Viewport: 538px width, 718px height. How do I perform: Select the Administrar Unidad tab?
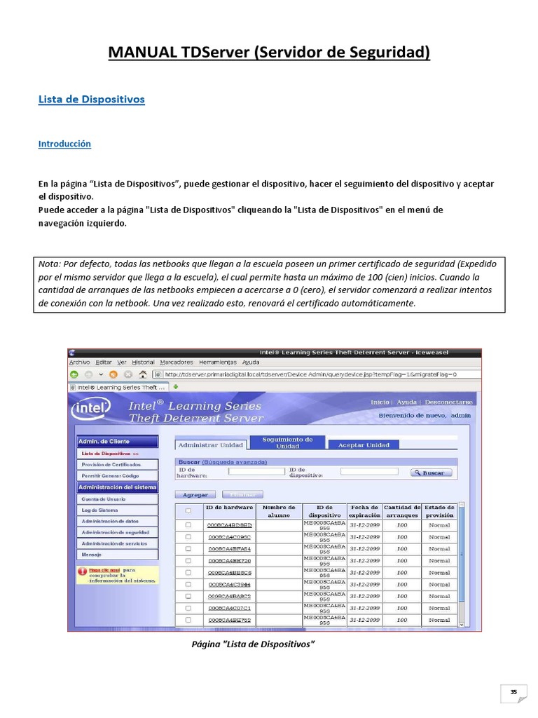click(210, 445)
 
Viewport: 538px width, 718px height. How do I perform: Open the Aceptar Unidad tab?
click(364, 445)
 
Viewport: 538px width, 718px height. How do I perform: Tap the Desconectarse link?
click(448, 402)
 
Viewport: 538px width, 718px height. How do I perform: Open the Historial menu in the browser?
click(143, 363)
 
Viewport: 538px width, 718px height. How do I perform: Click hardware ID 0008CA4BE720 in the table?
click(229, 561)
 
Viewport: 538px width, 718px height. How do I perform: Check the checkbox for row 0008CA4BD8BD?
click(188, 524)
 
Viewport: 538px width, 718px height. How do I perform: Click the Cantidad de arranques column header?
click(401, 510)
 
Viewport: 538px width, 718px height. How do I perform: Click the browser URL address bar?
click(308, 374)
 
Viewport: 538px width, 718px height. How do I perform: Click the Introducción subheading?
click(64, 144)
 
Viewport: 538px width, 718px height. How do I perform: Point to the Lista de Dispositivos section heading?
click(91, 99)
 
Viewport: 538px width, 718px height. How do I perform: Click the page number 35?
click(513, 692)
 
